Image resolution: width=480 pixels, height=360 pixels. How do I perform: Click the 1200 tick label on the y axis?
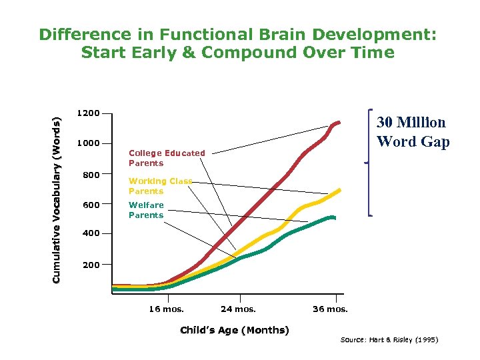(88, 113)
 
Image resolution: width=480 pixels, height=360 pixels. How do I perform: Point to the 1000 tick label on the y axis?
(88, 143)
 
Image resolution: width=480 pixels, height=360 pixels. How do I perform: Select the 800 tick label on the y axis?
(91, 175)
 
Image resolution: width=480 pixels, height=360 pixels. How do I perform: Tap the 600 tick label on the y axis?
(91, 205)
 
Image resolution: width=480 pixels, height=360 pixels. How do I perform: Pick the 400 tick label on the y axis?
(91, 234)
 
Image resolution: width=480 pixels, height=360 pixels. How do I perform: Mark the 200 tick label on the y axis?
(91, 265)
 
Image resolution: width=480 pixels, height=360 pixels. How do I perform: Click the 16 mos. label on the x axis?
(166, 309)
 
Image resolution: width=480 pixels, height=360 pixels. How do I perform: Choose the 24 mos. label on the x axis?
(239, 309)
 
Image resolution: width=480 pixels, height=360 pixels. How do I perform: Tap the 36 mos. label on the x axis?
(330, 309)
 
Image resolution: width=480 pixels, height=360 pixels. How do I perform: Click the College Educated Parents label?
(167, 158)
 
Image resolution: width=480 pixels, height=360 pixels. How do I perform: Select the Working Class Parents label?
(160, 186)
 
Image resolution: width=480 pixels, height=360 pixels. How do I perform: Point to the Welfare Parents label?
(146, 210)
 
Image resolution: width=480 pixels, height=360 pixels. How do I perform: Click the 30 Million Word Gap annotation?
(412, 132)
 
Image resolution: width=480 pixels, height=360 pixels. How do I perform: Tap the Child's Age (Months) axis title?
(235, 331)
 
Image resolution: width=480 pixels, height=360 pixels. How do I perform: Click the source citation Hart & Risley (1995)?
(389, 340)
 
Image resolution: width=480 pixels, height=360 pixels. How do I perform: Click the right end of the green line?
(334, 217)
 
